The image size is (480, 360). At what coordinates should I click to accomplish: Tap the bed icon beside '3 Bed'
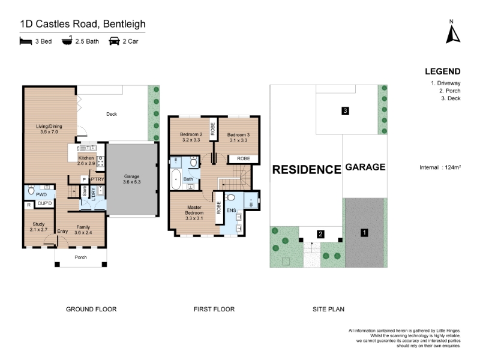tap(26, 41)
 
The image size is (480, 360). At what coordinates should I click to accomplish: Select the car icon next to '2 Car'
tap(114, 41)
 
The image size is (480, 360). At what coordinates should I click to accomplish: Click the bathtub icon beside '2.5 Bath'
tap(67, 40)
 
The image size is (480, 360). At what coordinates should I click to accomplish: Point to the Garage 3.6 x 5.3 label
tap(131, 179)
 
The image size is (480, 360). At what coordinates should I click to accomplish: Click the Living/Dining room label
tap(49, 129)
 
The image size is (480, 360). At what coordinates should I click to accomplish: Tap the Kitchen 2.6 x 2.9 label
tap(86, 161)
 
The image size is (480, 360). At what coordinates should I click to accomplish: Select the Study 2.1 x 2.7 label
tap(38, 227)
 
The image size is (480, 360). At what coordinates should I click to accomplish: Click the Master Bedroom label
tap(194, 213)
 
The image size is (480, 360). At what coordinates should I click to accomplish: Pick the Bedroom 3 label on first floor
tap(238, 137)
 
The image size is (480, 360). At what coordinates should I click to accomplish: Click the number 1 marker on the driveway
tap(364, 233)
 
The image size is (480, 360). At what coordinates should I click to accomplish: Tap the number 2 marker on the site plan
tap(320, 234)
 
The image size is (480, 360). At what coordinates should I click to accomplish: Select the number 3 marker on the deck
tap(346, 111)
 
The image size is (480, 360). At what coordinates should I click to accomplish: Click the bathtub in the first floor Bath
tap(176, 179)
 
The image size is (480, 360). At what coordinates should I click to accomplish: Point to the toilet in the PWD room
tap(31, 190)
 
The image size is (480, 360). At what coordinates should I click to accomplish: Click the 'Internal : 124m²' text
tap(440, 167)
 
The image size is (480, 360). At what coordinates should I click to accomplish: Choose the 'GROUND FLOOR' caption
tap(91, 309)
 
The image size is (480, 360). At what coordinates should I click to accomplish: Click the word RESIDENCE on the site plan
tap(307, 170)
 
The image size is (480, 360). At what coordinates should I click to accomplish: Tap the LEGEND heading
tap(443, 71)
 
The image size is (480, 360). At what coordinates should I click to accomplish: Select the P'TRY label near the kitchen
tap(97, 179)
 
